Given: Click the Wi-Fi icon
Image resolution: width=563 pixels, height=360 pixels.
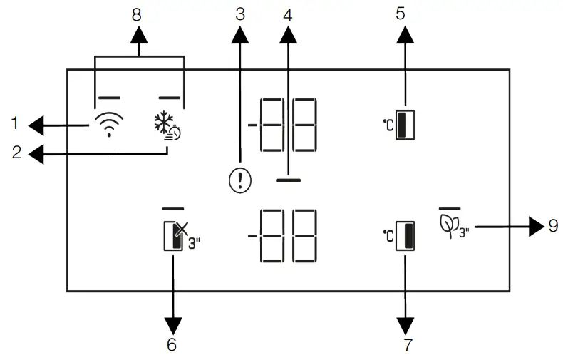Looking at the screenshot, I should [108, 125].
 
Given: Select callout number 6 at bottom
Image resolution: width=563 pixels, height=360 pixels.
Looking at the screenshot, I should [172, 345].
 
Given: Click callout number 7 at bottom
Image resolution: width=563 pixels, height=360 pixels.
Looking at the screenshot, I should [407, 345].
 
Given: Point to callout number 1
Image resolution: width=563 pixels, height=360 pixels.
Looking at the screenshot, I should [14, 125].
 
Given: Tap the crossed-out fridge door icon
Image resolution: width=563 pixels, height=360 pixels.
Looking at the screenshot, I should [177, 236].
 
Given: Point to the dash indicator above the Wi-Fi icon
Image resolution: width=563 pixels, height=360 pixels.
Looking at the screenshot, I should [108, 96].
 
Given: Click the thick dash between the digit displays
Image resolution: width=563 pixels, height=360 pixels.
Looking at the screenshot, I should [288, 181].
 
